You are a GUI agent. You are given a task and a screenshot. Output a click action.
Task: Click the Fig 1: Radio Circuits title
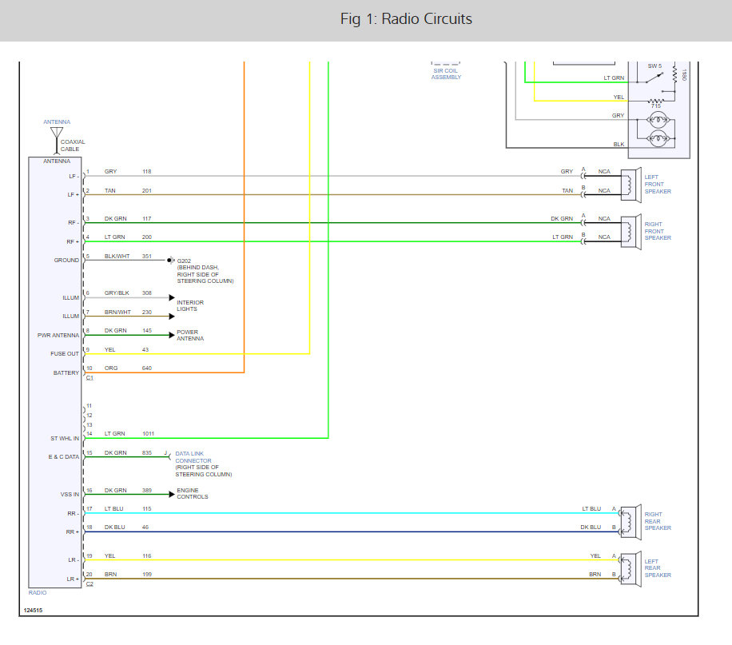coord(406,18)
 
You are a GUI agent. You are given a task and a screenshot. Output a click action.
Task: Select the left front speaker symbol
coord(631,185)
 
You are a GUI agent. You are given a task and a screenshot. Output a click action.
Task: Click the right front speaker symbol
coord(631,232)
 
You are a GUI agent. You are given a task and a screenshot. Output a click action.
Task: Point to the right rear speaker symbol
coord(631,522)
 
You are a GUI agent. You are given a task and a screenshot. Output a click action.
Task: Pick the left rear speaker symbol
coord(631,569)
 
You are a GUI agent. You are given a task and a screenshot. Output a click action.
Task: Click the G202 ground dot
coord(170,260)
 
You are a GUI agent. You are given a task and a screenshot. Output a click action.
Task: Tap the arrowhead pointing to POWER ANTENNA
coord(172,335)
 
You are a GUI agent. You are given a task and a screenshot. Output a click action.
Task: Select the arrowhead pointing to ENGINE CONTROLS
coord(172,494)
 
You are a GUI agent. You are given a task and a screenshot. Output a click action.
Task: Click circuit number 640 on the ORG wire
coord(146,368)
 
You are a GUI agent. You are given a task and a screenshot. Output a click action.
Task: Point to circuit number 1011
coord(148,433)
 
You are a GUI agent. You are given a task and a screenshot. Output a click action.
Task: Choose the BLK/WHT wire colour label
coord(117,256)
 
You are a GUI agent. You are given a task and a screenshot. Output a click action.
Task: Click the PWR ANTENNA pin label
coord(58,336)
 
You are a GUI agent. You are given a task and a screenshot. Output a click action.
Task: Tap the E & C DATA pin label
coord(64,457)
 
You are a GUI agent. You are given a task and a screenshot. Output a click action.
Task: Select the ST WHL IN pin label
coord(65,439)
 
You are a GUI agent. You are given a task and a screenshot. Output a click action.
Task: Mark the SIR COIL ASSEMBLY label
coord(446,74)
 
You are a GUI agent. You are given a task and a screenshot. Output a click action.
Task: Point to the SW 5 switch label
coord(654,66)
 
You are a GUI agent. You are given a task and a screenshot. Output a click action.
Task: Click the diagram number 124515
coord(33,610)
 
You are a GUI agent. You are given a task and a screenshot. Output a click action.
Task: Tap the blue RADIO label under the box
coord(38,593)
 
